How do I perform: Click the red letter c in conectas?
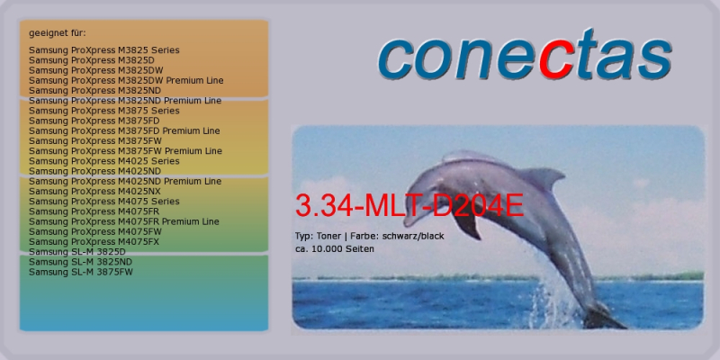click(x=556, y=60)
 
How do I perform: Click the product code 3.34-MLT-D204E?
click(x=409, y=206)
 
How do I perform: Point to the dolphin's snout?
click(x=410, y=219)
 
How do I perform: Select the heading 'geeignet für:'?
click(x=58, y=33)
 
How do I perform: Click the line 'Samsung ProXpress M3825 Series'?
click(x=103, y=50)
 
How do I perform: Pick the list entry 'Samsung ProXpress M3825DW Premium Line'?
click(x=126, y=80)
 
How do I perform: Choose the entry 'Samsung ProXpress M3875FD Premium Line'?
click(x=124, y=130)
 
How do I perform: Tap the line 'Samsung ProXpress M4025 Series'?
click(x=103, y=161)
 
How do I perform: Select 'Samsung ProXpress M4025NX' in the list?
click(x=94, y=192)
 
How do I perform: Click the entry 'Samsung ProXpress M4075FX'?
click(x=94, y=241)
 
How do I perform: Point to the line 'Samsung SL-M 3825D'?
click(x=76, y=252)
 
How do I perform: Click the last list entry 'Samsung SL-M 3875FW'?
click(x=81, y=272)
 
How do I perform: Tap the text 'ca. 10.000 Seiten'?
click(x=334, y=249)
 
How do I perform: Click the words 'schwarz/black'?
click(x=413, y=237)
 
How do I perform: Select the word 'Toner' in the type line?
click(x=328, y=237)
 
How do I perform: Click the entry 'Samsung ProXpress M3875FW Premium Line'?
click(x=125, y=151)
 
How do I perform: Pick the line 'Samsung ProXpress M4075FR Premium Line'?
click(x=123, y=221)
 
